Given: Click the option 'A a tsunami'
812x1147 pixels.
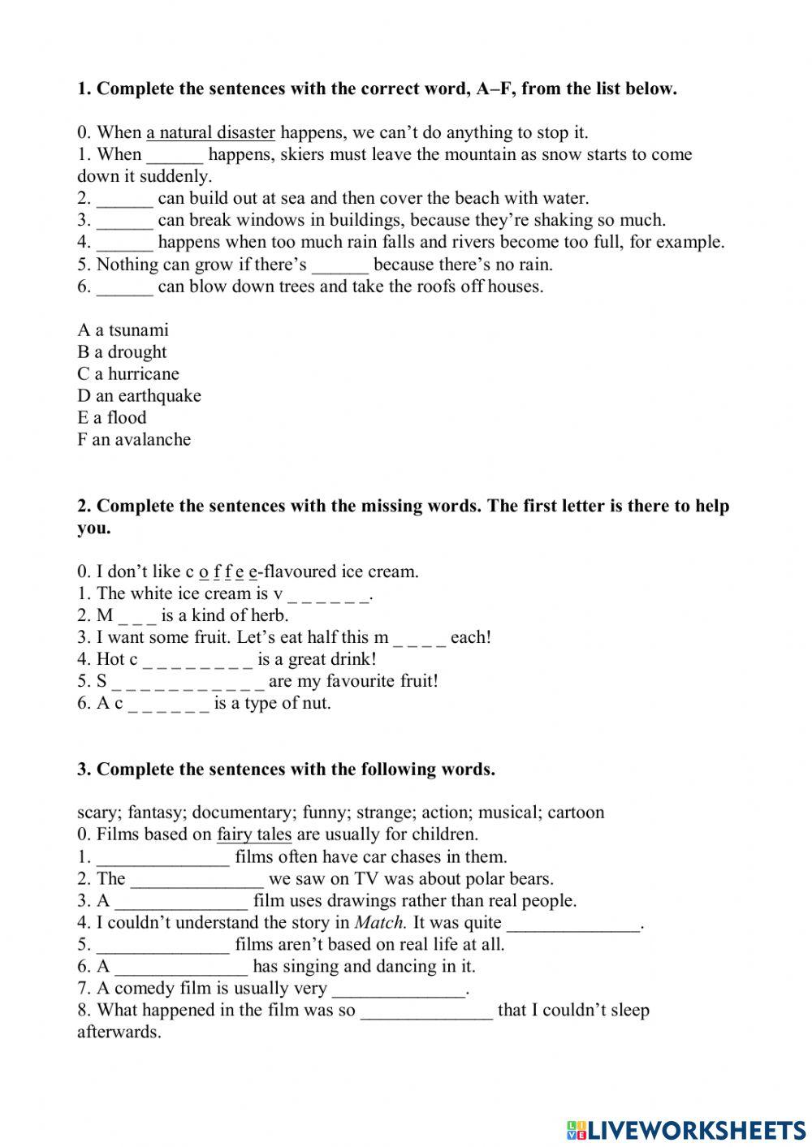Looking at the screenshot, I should point(123,330).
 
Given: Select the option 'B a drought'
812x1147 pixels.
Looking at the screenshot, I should point(122,352).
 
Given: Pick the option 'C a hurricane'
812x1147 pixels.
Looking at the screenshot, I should point(128,374).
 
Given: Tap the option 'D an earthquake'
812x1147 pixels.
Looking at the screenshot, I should point(139,396).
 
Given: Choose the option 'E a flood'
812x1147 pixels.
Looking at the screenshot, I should point(112,418).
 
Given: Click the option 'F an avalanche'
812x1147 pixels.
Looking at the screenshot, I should point(134,440).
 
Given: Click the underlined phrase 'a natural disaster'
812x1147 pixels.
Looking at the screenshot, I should point(210,132).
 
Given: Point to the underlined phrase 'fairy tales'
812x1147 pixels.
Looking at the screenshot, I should point(254,834).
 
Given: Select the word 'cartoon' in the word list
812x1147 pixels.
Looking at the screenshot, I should point(576,813).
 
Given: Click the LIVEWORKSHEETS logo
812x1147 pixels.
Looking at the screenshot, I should point(686,1129).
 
